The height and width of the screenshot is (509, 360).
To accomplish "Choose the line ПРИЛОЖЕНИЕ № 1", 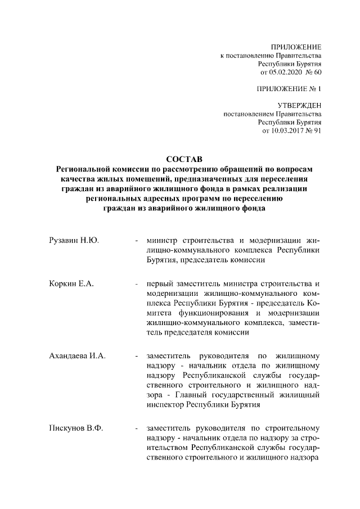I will (x=288, y=89).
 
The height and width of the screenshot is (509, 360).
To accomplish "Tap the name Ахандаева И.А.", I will (x=78, y=356).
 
